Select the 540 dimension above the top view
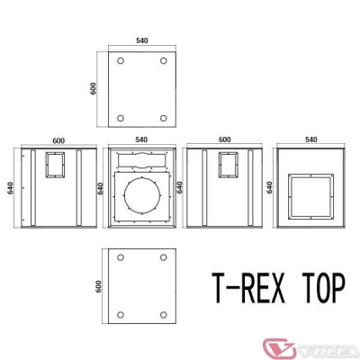tap(140, 40)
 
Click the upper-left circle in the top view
tap(119, 61)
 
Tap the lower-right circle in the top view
tap(163, 118)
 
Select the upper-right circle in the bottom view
tap(163, 256)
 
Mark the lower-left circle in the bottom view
tap(119, 314)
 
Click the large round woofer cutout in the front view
tap(140, 201)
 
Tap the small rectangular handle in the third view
tap(229, 166)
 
